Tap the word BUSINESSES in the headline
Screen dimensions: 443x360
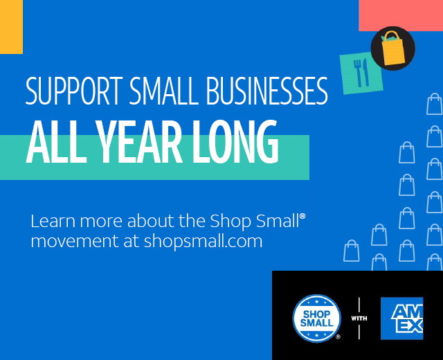tap(267, 91)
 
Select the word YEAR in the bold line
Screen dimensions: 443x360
tap(139, 142)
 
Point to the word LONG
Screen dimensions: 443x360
tap(235, 142)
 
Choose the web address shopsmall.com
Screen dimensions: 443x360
tap(203, 242)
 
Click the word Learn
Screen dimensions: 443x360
tap(53, 221)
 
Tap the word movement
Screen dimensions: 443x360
tap(75, 242)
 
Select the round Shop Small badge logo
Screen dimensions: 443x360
tap(316, 318)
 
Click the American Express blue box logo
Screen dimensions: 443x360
tap(401, 318)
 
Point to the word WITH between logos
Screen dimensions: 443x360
tap(359, 318)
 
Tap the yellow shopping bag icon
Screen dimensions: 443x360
tap(393, 48)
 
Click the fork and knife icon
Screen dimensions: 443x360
tap(361, 73)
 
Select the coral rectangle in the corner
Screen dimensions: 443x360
tap(401, 15)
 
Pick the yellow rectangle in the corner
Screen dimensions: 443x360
tap(11, 26)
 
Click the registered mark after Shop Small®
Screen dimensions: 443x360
tap(302, 217)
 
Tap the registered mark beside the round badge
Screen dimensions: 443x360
tap(338, 336)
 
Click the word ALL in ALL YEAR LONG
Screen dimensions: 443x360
tap(56, 142)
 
